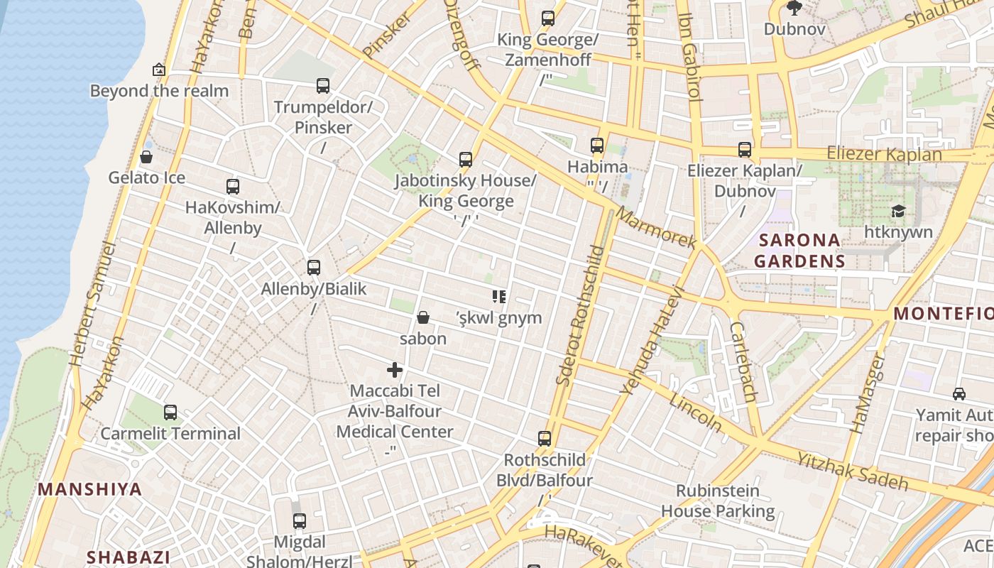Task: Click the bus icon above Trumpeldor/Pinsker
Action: click(x=323, y=86)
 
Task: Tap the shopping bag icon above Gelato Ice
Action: click(x=146, y=157)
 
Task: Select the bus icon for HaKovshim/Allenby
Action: click(x=232, y=187)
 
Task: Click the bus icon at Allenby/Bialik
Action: click(x=313, y=268)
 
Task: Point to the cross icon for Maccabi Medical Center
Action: click(x=395, y=370)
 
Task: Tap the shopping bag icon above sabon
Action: click(x=423, y=317)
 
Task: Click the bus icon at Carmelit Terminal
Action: click(x=170, y=413)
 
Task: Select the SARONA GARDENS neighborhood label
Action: click(x=799, y=251)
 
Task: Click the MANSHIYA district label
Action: click(x=90, y=489)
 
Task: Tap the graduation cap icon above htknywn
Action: click(x=898, y=212)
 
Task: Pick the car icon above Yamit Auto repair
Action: click(x=958, y=394)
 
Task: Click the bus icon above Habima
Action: click(x=597, y=146)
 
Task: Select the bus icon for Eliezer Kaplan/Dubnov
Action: click(x=744, y=150)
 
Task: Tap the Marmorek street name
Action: click(x=657, y=228)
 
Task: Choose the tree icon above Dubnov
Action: click(x=794, y=9)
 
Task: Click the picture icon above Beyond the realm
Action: click(x=159, y=70)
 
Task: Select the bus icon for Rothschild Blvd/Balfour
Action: click(x=545, y=439)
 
